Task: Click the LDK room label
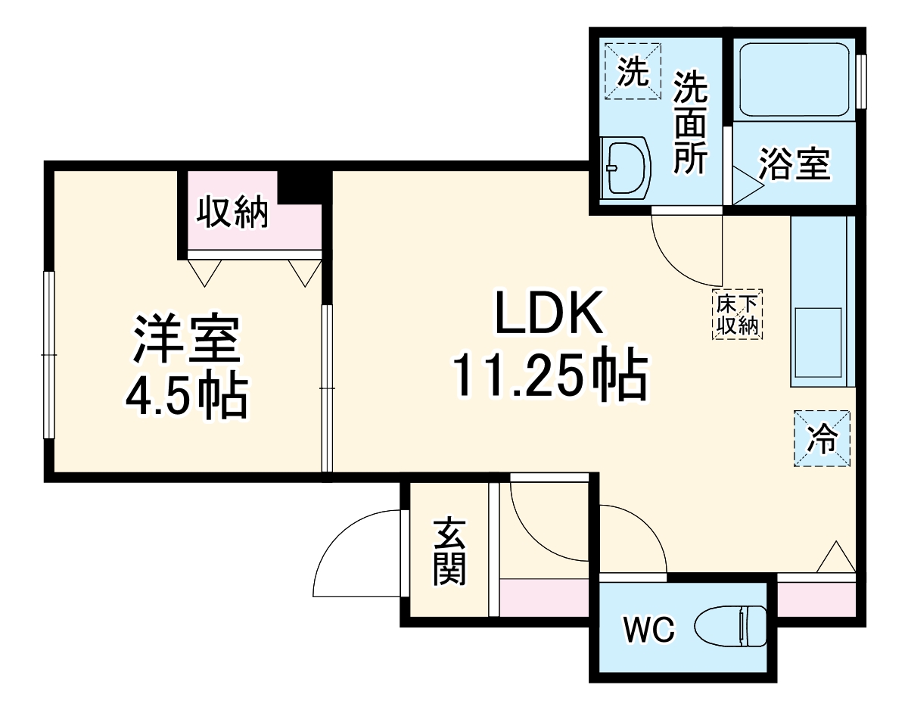[549, 313]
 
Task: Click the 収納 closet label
[233, 212]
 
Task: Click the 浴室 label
[794, 163]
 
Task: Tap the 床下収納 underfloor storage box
[738, 313]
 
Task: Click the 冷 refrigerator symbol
[822, 438]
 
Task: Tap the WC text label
[648, 628]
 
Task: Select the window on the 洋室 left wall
[48, 354]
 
